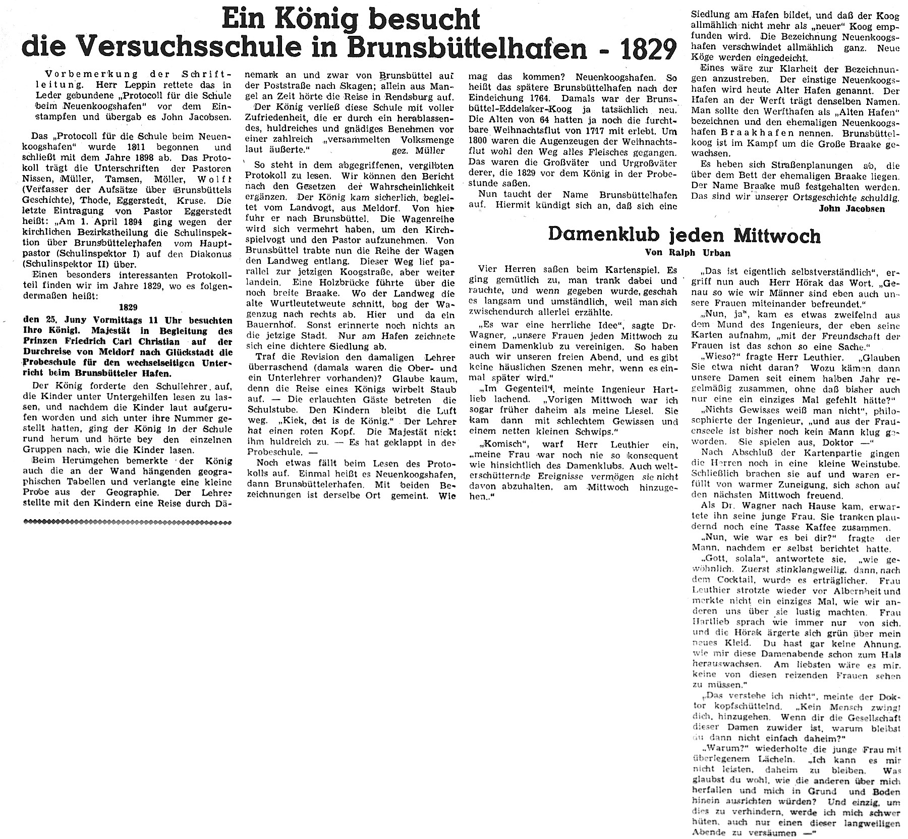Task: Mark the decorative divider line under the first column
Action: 128,521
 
